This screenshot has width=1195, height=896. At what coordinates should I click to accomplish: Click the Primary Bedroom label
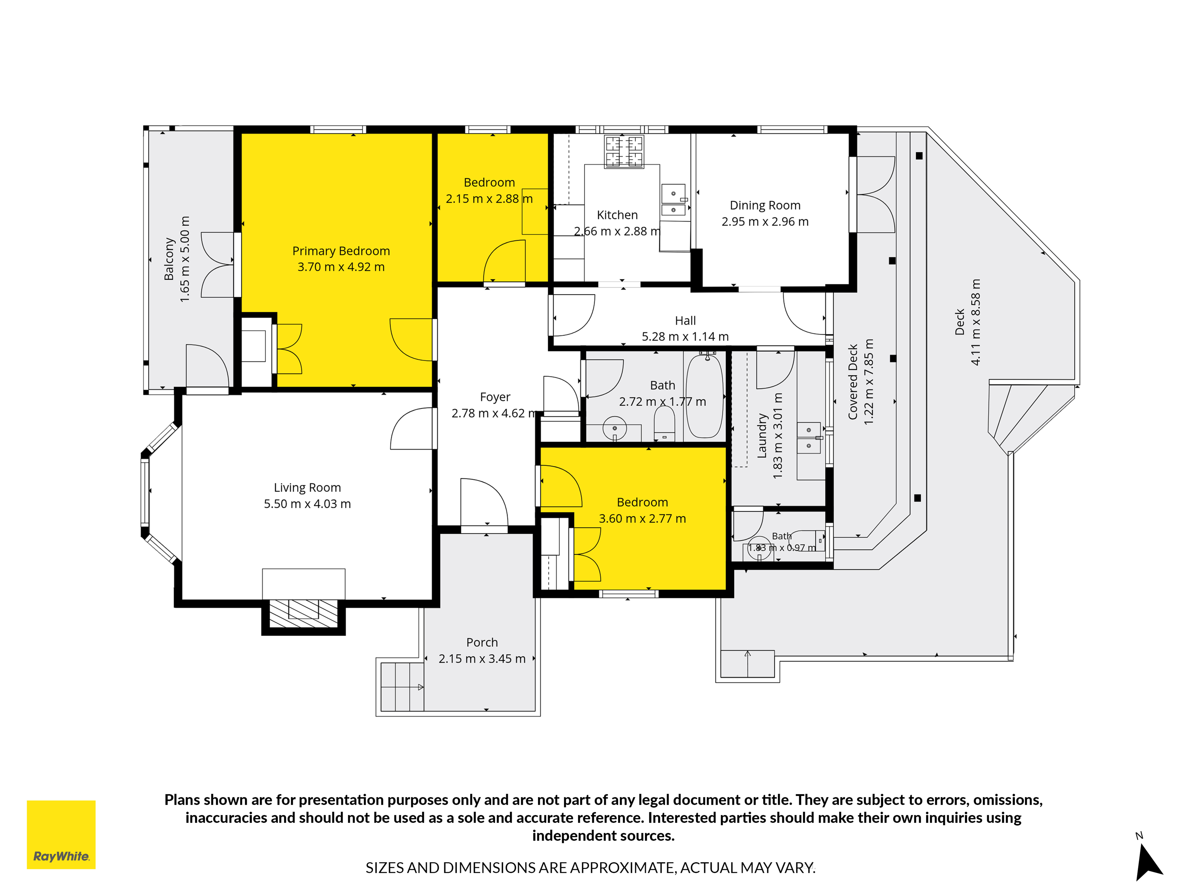click(x=341, y=251)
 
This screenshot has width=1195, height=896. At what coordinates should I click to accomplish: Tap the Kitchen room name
click(x=617, y=215)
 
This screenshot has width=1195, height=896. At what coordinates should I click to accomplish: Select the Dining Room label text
click(x=765, y=205)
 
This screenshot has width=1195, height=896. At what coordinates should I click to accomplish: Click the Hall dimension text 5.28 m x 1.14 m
click(x=685, y=336)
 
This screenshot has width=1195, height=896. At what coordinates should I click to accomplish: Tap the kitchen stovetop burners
click(x=624, y=152)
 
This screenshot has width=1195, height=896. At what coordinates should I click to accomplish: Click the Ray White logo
click(x=61, y=834)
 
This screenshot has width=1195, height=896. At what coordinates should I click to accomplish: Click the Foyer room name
click(x=495, y=397)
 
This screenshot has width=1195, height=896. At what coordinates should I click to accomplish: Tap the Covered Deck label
click(x=853, y=382)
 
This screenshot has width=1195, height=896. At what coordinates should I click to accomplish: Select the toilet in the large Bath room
click(x=664, y=423)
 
